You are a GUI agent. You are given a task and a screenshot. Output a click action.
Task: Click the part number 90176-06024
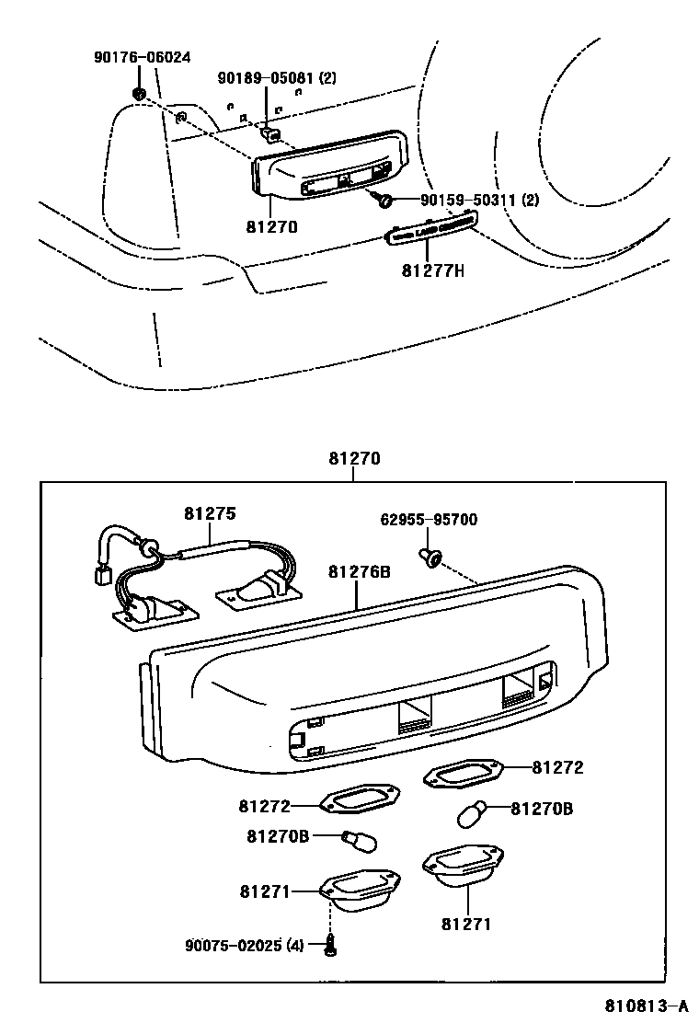pyautogui.click(x=142, y=57)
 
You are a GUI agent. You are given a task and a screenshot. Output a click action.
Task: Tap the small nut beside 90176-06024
pyautogui.click(x=139, y=93)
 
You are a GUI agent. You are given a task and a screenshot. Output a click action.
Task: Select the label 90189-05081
pyautogui.click(x=264, y=78)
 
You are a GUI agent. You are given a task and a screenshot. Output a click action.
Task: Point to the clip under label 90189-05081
pyautogui.click(x=271, y=135)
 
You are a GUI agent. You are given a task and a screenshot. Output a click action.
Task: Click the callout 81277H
pyautogui.click(x=432, y=270)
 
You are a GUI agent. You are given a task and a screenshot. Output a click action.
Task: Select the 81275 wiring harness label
pyautogui.click(x=209, y=513)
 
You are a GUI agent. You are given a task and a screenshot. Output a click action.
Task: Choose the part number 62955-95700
pyautogui.click(x=429, y=520)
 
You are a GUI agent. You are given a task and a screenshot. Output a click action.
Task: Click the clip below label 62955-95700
pyautogui.click(x=430, y=555)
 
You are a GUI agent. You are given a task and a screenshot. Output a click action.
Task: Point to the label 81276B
pyautogui.click(x=360, y=571)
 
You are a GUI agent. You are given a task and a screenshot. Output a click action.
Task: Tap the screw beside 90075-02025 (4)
pyautogui.click(x=329, y=943)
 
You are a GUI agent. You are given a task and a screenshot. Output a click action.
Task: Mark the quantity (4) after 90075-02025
pyautogui.click(x=294, y=945)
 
